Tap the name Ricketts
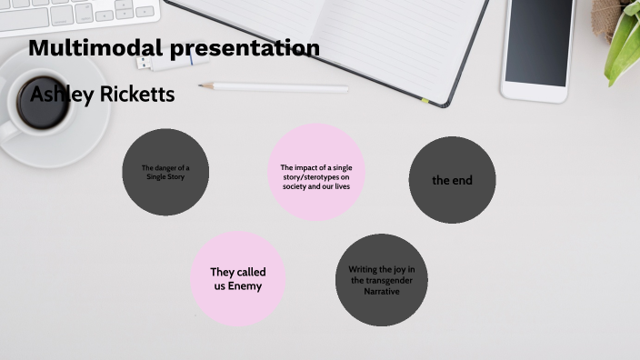(136, 94)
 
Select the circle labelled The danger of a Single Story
(165, 172)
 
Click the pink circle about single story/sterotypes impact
(316, 173)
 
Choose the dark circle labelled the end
(452, 180)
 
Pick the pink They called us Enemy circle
(236, 278)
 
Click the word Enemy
(245, 286)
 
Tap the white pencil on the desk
(277, 87)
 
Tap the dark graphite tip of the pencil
(202, 85)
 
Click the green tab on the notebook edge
(425, 99)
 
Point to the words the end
(452, 180)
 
